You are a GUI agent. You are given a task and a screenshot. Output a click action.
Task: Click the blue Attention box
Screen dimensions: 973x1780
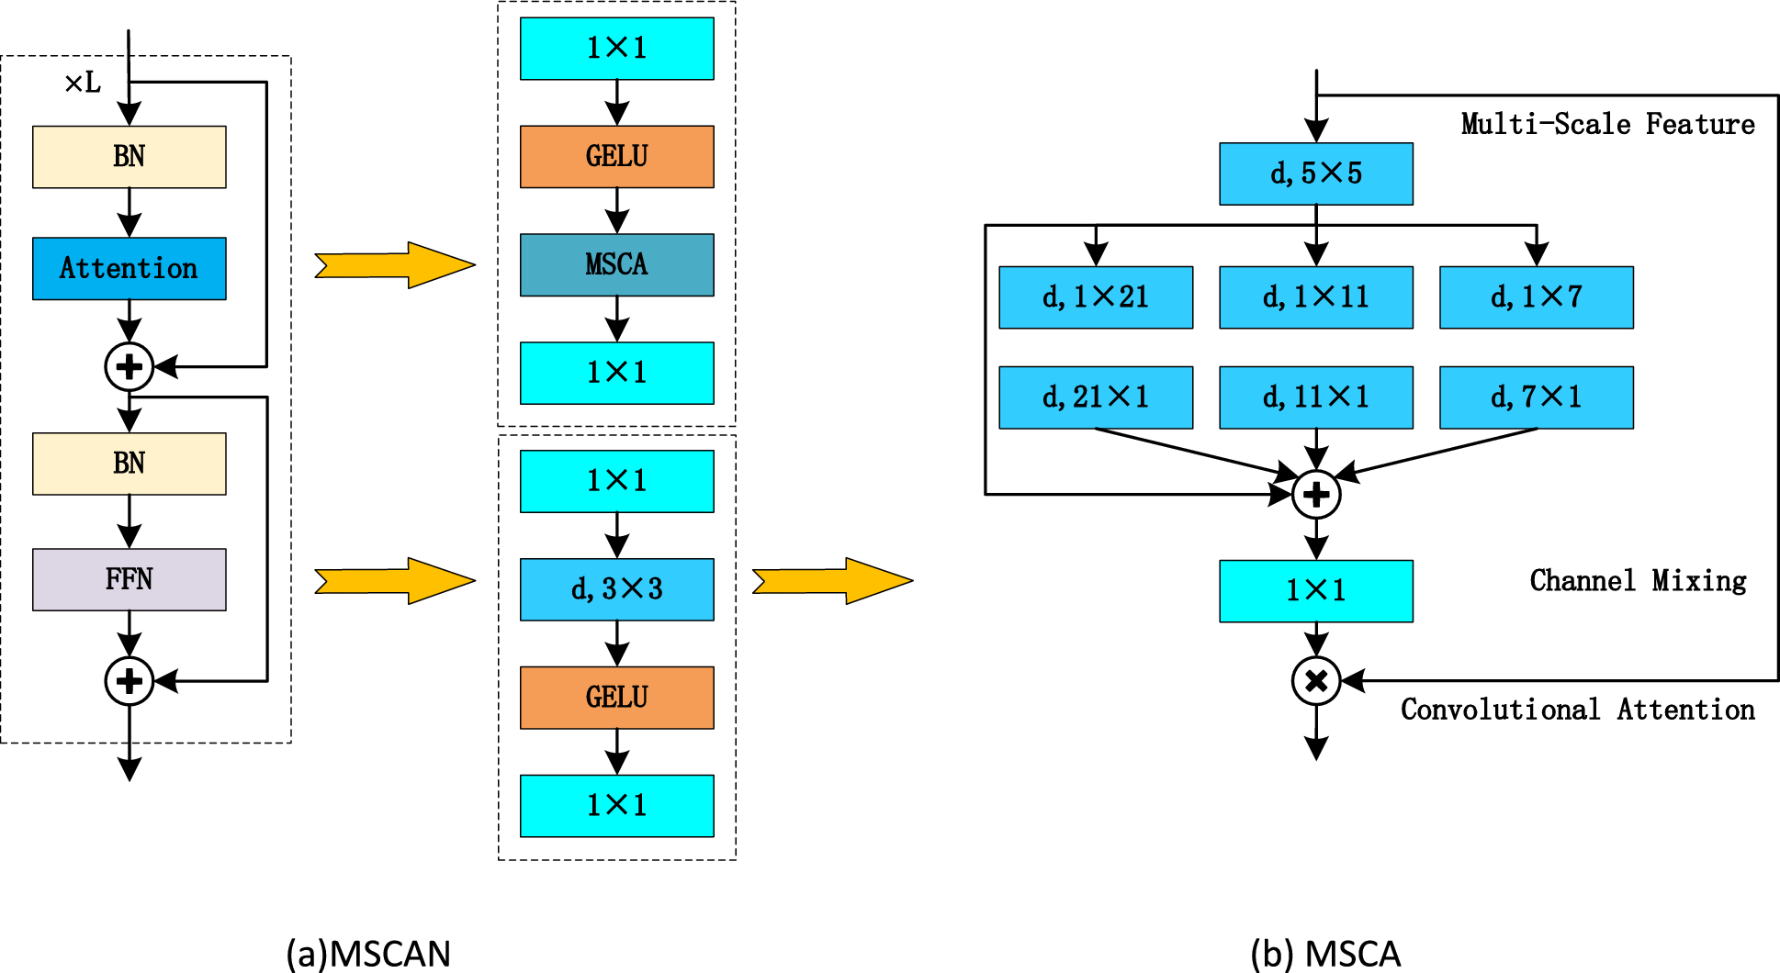(x=129, y=268)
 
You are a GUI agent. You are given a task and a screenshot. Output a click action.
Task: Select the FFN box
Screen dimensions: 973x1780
(x=129, y=579)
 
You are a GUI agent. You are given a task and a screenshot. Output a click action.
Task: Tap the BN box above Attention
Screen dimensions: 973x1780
(x=129, y=157)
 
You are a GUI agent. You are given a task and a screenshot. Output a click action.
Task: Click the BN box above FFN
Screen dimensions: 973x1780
(x=129, y=464)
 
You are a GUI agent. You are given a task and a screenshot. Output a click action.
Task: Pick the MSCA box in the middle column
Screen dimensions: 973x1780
(x=616, y=264)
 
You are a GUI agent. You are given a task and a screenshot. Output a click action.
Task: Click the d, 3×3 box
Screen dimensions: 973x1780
(x=616, y=589)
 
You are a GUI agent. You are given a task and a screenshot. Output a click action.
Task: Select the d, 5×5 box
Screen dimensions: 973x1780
(x=1315, y=173)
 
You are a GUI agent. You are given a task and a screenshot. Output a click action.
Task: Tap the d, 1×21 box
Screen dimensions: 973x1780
(x=1095, y=297)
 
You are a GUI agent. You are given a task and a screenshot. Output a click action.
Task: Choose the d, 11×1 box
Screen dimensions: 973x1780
(x=1315, y=397)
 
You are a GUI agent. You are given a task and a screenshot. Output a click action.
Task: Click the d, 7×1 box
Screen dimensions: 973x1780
(x=1536, y=397)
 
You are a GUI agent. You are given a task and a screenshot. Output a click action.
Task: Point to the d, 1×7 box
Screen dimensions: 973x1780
(x=1536, y=297)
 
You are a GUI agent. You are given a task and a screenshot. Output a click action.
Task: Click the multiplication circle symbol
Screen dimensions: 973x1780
(x=1315, y=681)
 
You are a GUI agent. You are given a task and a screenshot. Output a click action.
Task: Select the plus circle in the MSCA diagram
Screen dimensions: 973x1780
(x=1315, y=495)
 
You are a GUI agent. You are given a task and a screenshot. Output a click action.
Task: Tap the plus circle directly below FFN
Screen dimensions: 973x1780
(x=129, y=681)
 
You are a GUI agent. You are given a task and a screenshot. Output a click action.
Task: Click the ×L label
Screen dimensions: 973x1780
(x=83, y=84)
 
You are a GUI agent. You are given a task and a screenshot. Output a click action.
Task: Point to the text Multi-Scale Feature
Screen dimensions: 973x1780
(x=1607, y=124)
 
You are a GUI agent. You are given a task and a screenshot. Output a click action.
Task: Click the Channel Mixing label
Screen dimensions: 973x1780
(x=1638, y=580)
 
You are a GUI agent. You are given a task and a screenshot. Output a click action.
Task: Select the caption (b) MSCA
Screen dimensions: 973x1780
(x=1325, y=954)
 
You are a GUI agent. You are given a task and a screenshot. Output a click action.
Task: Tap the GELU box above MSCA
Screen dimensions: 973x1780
(x=616, y=157)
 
